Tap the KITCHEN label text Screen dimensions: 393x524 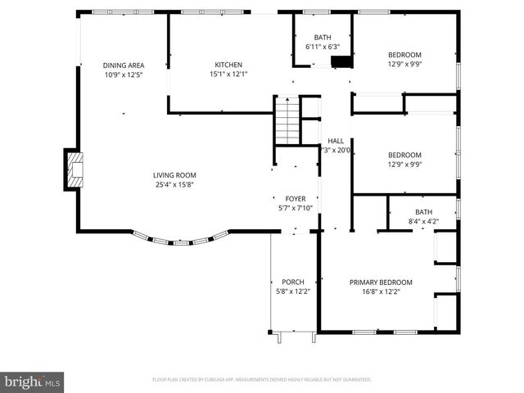[x=229, y=65]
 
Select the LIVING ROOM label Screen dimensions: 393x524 [x=174, y=174]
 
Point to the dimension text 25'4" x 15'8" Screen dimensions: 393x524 [x=174, y=184]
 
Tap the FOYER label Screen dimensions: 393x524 [x=295, y=199]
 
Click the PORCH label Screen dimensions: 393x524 [x=293, y=282]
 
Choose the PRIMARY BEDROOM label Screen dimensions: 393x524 [x=381, y=282]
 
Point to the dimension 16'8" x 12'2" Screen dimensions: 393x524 [x=381, y=291]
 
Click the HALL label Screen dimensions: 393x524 [x=336, y=141]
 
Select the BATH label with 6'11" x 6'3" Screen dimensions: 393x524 [x=323, y=38]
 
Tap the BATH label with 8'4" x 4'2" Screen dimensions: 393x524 [x=422, y=211]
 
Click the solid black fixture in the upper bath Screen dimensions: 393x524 [x=341, y=62]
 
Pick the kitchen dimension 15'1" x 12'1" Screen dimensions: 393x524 [x=229, y=75]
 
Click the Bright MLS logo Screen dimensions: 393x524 [x=33, y=382]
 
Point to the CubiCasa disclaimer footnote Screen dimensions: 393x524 [x=262, y=380]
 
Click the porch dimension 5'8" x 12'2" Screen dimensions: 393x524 [x=293, y=291]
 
